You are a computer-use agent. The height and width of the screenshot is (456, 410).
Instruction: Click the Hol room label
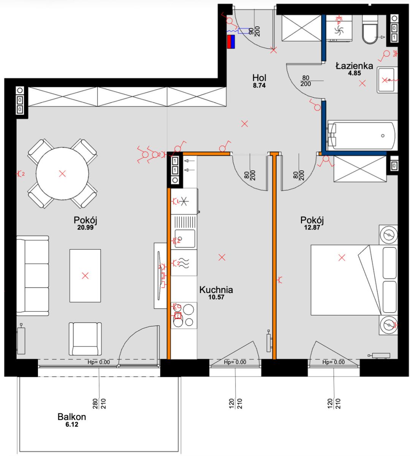(259, 78)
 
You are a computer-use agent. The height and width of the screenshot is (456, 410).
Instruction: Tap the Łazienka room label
(354, 66)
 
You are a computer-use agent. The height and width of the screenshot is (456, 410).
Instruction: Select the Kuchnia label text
(216, 290)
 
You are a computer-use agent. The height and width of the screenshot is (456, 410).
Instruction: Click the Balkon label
(72, 417)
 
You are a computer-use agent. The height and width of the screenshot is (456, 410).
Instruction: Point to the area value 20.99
(85, 227)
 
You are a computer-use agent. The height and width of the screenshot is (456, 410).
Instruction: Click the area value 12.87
(312, 227)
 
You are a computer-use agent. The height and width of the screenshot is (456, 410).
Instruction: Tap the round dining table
(62, 174)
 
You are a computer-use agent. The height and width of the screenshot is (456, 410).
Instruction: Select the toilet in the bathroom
(370, 30)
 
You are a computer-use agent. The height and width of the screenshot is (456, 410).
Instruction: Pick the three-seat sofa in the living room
(33, 276)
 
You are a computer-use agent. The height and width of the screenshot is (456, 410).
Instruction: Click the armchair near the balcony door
(85, 339)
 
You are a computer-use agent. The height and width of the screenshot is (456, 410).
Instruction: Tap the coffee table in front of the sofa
(85, 276)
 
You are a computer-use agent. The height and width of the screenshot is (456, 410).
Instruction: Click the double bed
(354, 280)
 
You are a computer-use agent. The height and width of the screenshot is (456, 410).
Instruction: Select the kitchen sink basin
(185, 239)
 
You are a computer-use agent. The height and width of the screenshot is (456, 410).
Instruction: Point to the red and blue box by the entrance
(231, 42)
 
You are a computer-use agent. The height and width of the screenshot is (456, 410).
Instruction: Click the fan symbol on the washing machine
(339, 30)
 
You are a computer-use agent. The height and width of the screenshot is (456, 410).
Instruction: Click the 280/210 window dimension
(99, 404)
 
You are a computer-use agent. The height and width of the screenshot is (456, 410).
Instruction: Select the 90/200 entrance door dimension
(255, 31)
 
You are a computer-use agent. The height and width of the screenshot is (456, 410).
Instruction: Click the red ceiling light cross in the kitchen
(222, 257)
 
